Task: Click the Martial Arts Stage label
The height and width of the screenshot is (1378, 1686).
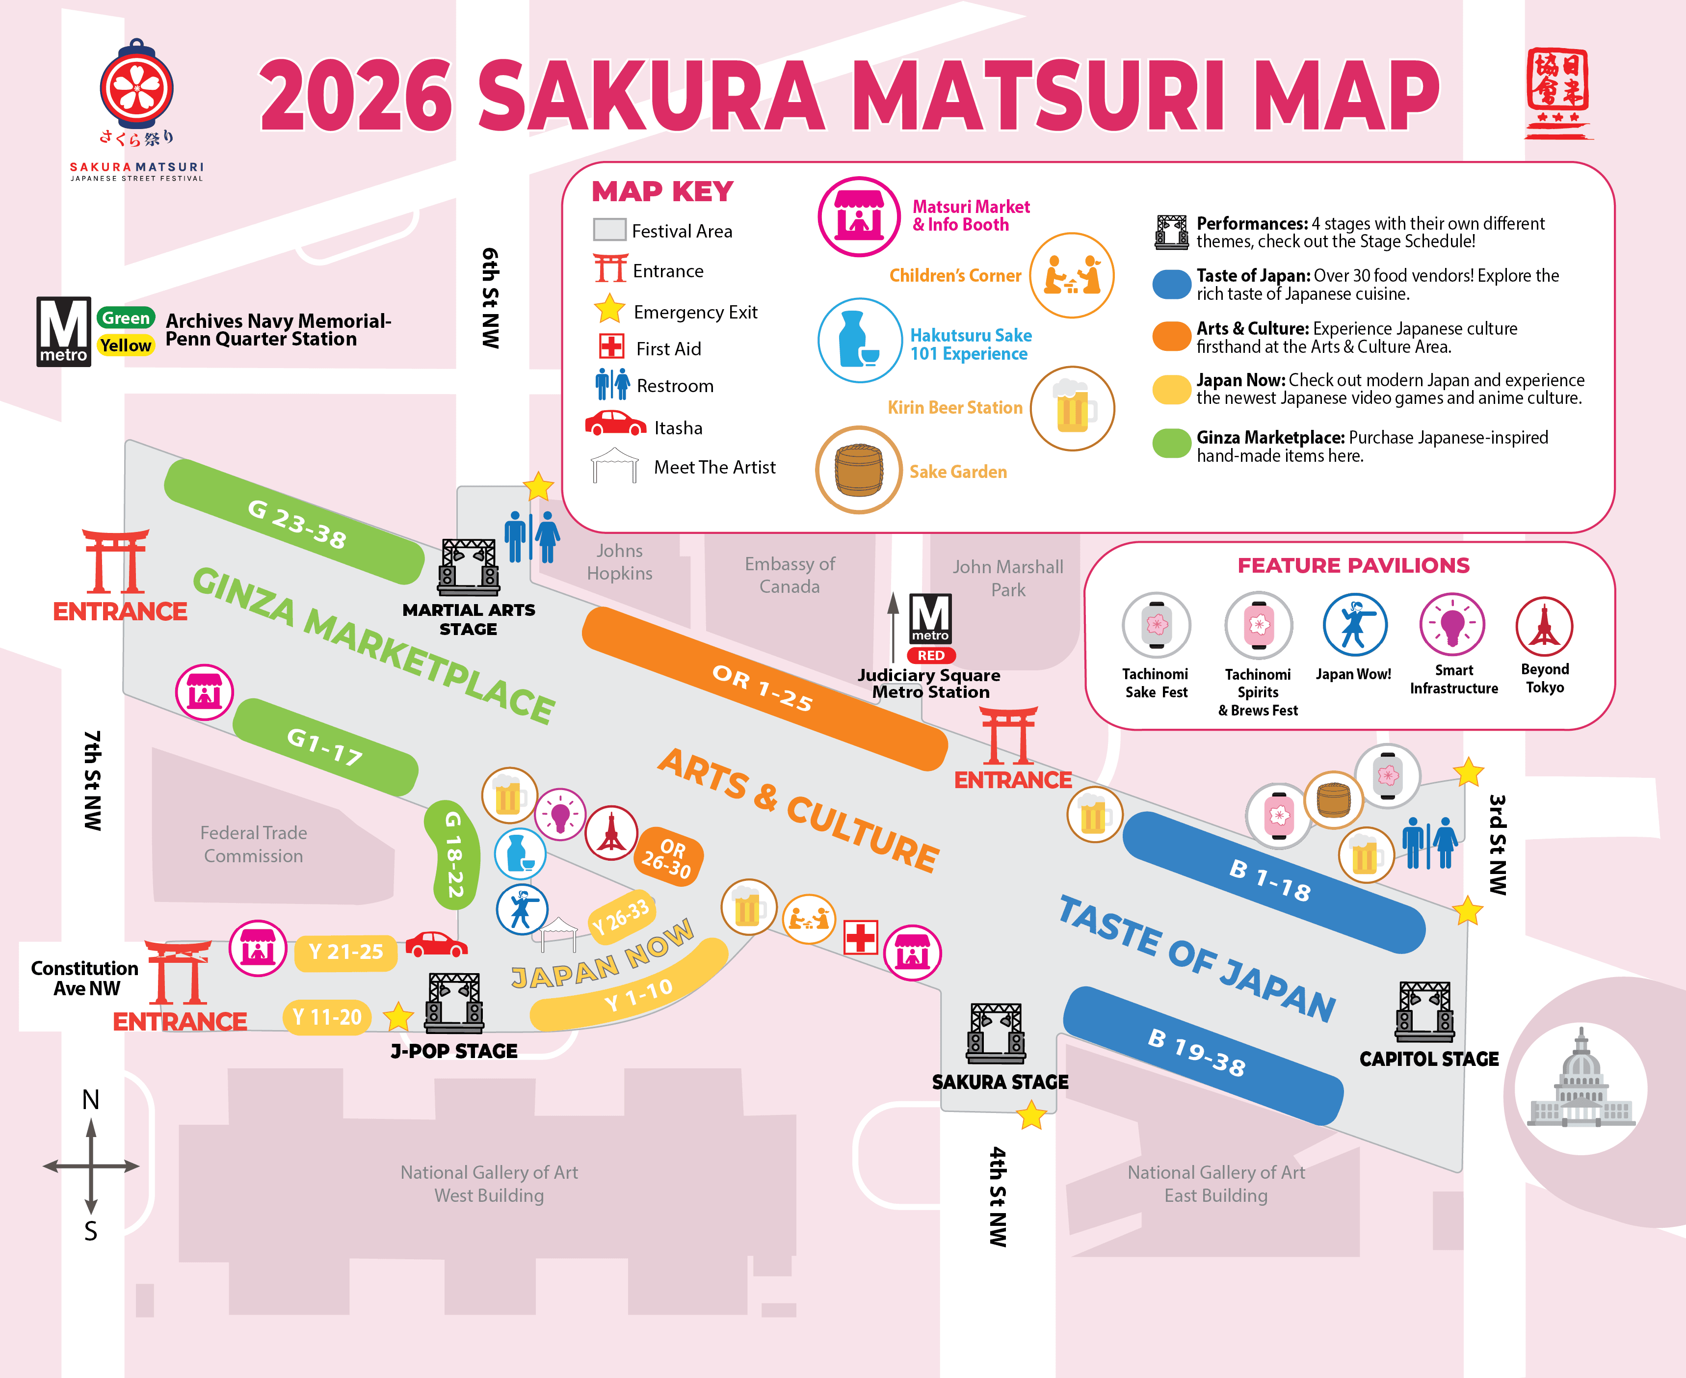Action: point(468,619)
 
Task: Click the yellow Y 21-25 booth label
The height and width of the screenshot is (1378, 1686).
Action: point(345,952)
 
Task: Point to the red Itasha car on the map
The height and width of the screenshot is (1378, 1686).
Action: point(436,945)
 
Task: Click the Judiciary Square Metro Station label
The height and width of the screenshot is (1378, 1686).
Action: point(929,684)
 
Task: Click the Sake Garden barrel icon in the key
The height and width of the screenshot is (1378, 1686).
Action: point(859,470)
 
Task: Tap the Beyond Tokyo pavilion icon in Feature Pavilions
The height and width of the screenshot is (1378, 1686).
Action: point(1544,626)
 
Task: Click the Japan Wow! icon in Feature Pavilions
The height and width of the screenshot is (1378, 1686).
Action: point(1354,626)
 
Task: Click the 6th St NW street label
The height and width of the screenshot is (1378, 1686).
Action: point(491,298)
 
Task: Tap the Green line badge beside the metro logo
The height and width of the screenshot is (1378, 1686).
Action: point(126,318)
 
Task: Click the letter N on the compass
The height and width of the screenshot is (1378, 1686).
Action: point(90,1099)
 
